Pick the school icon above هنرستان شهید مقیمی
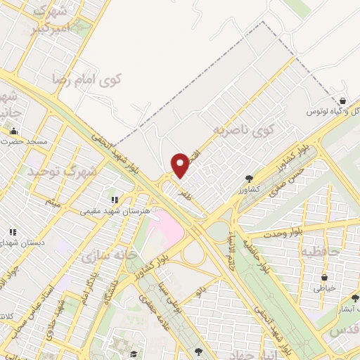115,200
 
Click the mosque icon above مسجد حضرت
13,131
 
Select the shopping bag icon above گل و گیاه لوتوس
342,101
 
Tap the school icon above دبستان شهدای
12,233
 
